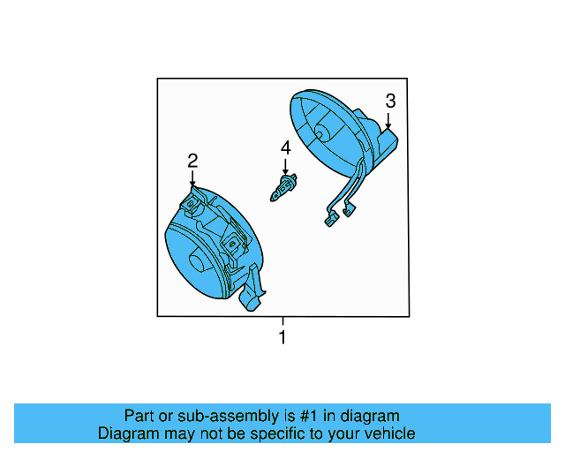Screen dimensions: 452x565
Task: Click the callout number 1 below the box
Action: point(282,337)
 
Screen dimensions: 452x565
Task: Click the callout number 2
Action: point(192,160)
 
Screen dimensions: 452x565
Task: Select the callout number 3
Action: point(389,102)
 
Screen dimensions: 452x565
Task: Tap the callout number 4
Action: point(285,147)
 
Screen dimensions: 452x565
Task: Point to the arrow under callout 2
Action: point(192,177)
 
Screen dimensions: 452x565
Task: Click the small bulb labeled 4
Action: point(283,189)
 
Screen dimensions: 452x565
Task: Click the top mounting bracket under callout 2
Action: point(193,204)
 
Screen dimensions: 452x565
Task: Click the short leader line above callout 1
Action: point(282,321)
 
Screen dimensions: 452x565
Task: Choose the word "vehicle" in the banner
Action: point(389,433)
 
